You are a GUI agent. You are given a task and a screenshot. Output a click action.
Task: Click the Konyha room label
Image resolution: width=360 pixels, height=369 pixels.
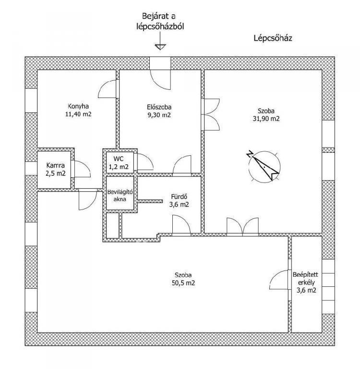coord(78,106)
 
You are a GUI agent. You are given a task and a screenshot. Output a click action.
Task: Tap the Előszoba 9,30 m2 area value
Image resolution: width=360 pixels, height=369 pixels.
coord(159,115)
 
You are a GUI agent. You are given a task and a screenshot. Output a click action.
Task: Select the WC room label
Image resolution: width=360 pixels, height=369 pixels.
coord(118,159)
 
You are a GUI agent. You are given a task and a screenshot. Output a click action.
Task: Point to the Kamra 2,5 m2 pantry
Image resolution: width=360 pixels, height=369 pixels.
coord(56,170)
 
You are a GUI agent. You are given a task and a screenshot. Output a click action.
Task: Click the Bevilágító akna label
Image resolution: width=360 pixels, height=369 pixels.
coord(120,196)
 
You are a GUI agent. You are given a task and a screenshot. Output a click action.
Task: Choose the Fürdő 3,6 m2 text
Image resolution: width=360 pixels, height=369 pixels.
coord(179,200)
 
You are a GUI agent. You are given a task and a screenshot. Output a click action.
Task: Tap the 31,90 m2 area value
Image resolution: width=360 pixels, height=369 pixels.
coord(266,119)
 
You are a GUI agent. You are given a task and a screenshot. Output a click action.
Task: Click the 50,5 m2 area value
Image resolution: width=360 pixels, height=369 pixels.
coord(183,283)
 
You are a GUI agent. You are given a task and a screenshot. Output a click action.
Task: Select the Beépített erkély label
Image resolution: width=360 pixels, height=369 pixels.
coord(305,278)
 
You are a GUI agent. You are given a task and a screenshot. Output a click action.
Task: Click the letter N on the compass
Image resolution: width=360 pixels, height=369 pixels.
coord(250,154)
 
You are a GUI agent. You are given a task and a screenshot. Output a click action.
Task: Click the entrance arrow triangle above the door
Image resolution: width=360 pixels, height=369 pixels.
coord(160,47)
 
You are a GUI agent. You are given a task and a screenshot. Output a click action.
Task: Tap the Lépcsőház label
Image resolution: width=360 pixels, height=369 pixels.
coord(273,38)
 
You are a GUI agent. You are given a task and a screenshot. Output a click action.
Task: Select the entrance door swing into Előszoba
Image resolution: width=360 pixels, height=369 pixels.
coord(160,79)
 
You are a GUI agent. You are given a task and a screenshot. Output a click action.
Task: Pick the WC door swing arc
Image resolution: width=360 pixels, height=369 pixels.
coord(145,161)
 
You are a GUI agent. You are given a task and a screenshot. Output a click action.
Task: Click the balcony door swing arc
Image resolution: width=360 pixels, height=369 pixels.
coord(279,280)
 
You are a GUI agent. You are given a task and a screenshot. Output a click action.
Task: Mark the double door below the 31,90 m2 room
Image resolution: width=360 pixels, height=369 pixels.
coord(242,226)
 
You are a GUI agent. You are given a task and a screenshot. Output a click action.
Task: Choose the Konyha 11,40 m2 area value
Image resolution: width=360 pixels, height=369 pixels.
coord(78,114)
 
